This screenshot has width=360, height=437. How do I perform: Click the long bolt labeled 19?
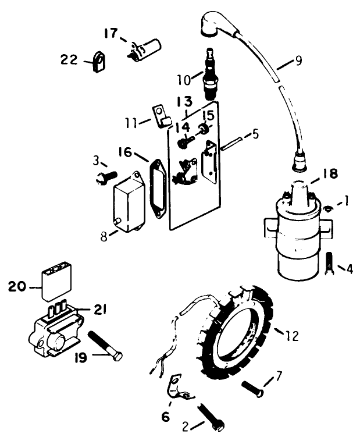click(x=105, y=346)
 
